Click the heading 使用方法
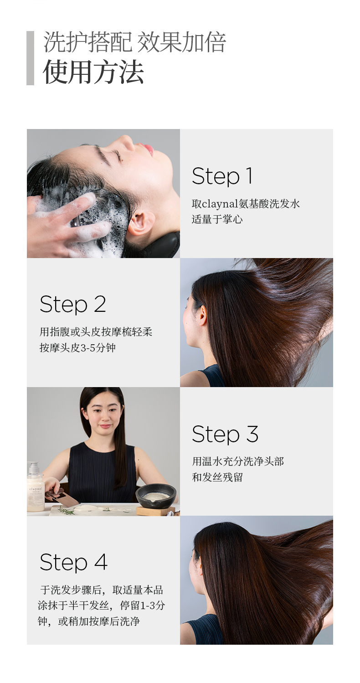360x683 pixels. (x=93, y=72)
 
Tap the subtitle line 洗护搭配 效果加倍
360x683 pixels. (x=134, y=42)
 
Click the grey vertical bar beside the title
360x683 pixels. (x=30, y=58)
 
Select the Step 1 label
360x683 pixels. (x=222, y=176)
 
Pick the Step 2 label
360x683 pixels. (x=73, y=304)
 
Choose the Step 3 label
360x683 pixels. (x=225, y=434)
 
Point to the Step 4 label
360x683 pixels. (x=73, y=562)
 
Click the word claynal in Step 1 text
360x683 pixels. (x=220, y=204)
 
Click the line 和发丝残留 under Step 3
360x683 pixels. (x=217, y=477)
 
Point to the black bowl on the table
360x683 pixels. (x=156, y=496)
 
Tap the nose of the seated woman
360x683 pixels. (x=104, y=415)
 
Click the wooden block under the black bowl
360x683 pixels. (x=156, y=510)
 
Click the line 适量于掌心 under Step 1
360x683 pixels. (x=217, y=219)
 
